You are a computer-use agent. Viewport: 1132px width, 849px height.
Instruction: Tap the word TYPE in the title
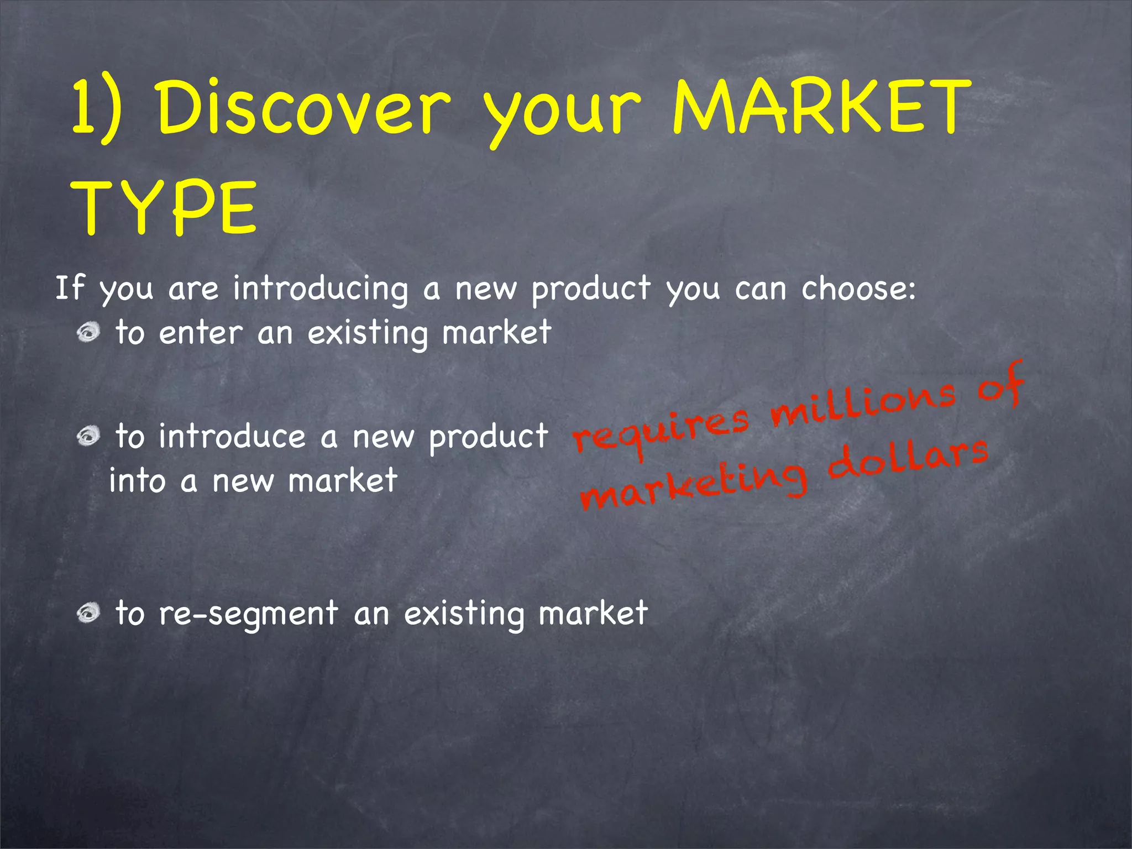tap(164, 208)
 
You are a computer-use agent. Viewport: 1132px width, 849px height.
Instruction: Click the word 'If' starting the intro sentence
tap(69, 288)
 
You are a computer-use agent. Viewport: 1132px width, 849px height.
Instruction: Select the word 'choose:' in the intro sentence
tap(858, 288)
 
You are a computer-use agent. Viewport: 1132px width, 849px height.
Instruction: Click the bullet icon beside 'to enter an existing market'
tap(88, 333)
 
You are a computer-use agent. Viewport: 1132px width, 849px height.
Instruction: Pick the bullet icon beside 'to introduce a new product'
tap(88, 436)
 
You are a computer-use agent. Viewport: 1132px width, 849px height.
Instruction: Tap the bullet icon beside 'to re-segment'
tap(88, 613)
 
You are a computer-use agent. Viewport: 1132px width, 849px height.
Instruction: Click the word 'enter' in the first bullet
tap(201, 333)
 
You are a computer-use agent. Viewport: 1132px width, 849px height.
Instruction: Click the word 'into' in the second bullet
tap(137, 480)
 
